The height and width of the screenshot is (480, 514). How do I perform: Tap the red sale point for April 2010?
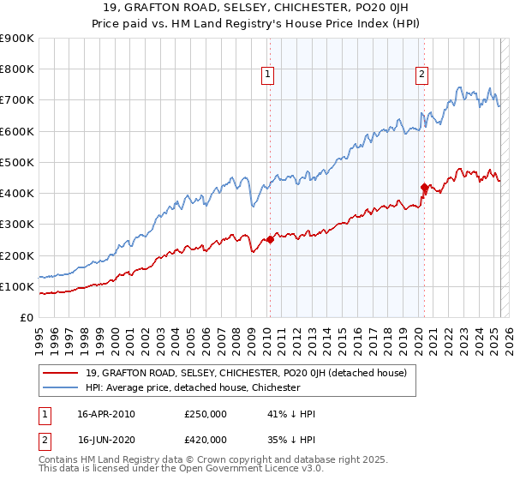[270, 240]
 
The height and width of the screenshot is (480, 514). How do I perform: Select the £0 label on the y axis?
[26, 317]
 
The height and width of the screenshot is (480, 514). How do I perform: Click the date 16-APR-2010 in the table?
[105, 414]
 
